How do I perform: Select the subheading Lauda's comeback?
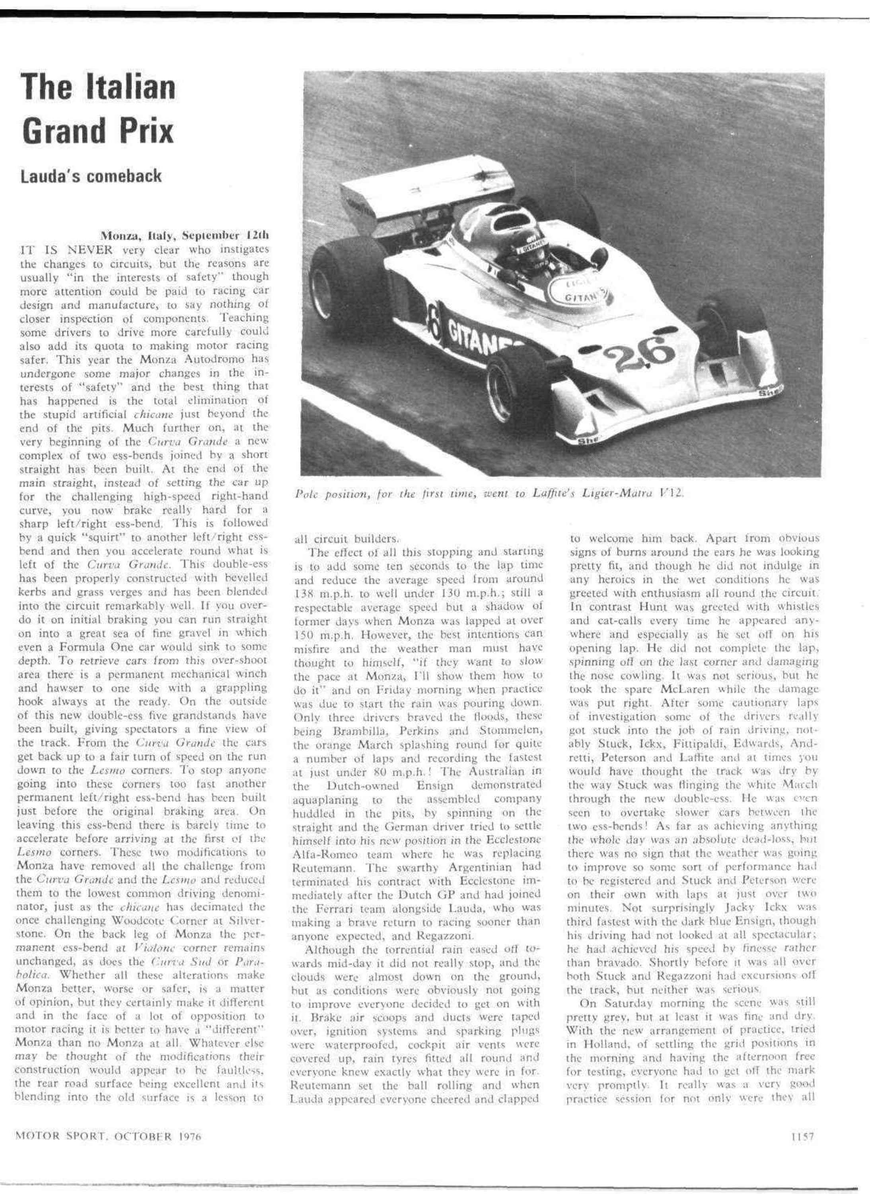[x=91, y=176]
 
